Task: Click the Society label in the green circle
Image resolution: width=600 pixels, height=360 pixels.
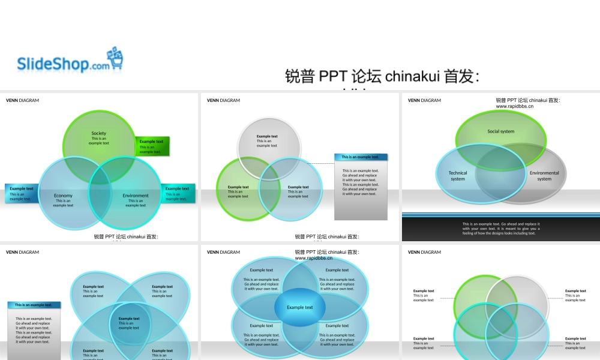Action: (x=99, y=134)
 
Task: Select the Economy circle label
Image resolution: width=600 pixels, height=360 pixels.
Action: (x=63, y=196)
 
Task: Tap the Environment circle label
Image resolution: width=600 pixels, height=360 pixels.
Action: (x=136, y=196)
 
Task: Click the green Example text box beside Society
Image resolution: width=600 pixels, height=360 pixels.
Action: (x=152, y=146)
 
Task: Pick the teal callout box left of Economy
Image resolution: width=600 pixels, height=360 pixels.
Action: (x=22, y=193)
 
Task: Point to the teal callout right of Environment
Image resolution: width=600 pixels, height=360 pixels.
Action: (x=178, y=193)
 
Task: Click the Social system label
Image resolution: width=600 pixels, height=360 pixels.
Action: (x=501, y=131)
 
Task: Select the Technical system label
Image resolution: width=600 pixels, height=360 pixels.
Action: (x=458, y=176)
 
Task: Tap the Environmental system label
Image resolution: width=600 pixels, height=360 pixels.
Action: (x=544, y=176)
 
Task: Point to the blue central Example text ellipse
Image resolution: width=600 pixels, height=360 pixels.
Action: (x=299, y=308)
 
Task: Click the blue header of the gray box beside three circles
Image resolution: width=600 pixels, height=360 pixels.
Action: (x=361, y=157)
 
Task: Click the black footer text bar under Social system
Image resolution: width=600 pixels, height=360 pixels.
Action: (x=501, y=229)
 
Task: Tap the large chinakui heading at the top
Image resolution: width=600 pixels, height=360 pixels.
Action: (x=382, y=77)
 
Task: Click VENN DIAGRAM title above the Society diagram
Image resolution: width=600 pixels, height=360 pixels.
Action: (x=22, y=100)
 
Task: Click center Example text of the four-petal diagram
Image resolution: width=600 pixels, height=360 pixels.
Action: (x=129, y=323)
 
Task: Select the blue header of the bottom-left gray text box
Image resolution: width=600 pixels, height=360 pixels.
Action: (x=34, y=305)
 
